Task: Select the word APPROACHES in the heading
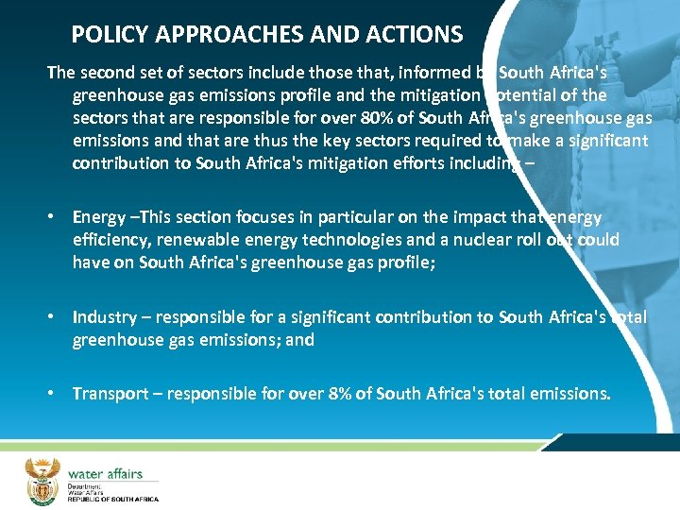pyautogui.click(x=224, y=36)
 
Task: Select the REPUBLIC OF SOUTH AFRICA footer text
pyautogui.click(x=112, y=499)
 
